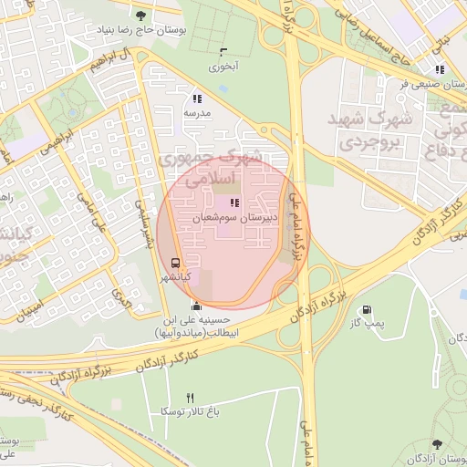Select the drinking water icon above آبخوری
click(x=223, y=51)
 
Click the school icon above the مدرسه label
click(x=197, y=99)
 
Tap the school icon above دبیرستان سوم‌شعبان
click(x=234, y=203)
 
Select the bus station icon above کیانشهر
click(x=175, y=261)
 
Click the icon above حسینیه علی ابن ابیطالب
click(x=195, y=306)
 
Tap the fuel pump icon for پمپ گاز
click(x=368, y=310)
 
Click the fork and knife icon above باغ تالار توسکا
click(x=191, y=398)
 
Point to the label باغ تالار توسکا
click(x=191, y=412)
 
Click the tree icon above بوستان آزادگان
click(x=440, y=442)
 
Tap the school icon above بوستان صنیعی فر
click(x=441, y=68)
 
